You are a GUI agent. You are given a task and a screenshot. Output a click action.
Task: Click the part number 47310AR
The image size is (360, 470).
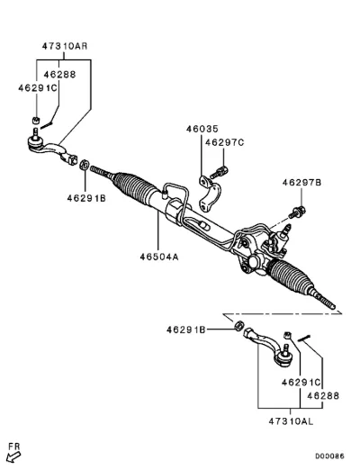[65, 46]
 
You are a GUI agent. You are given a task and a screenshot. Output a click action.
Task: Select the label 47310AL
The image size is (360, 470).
[291, 421]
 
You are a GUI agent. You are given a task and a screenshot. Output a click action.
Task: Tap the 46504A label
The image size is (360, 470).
[159, 257]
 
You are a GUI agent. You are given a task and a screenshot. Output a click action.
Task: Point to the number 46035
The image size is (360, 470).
[202, 129]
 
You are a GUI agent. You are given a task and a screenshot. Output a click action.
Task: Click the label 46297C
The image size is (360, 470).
[225, 142]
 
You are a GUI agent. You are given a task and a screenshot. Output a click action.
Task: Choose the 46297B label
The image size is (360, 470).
[301, 183]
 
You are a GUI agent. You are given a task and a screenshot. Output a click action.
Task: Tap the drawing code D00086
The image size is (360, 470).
[329, 456]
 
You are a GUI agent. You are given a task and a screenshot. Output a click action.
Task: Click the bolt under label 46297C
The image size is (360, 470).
[219, 173]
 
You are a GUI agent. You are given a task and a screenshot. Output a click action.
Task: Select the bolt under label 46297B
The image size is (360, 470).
[297, 212]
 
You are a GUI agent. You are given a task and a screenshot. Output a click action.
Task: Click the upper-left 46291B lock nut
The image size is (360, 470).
[85, 165]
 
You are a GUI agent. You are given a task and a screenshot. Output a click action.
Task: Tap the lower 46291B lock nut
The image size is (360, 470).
[238, 325]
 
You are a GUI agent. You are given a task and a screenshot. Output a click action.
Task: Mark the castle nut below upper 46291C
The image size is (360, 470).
[36, 121]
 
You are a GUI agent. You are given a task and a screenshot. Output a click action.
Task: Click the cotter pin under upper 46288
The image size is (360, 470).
[47, 124]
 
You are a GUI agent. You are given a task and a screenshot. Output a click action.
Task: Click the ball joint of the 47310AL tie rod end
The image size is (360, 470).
[284, 357]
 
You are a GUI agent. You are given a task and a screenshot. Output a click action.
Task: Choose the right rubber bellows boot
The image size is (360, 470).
[291, 276]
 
